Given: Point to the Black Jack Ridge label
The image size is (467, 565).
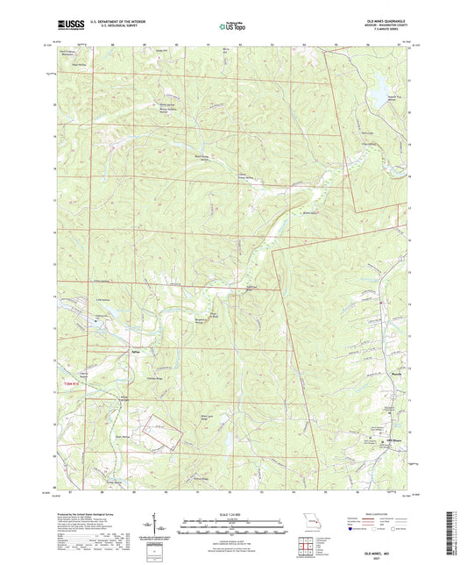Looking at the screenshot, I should pyautogui.click(x=207, y=416).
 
